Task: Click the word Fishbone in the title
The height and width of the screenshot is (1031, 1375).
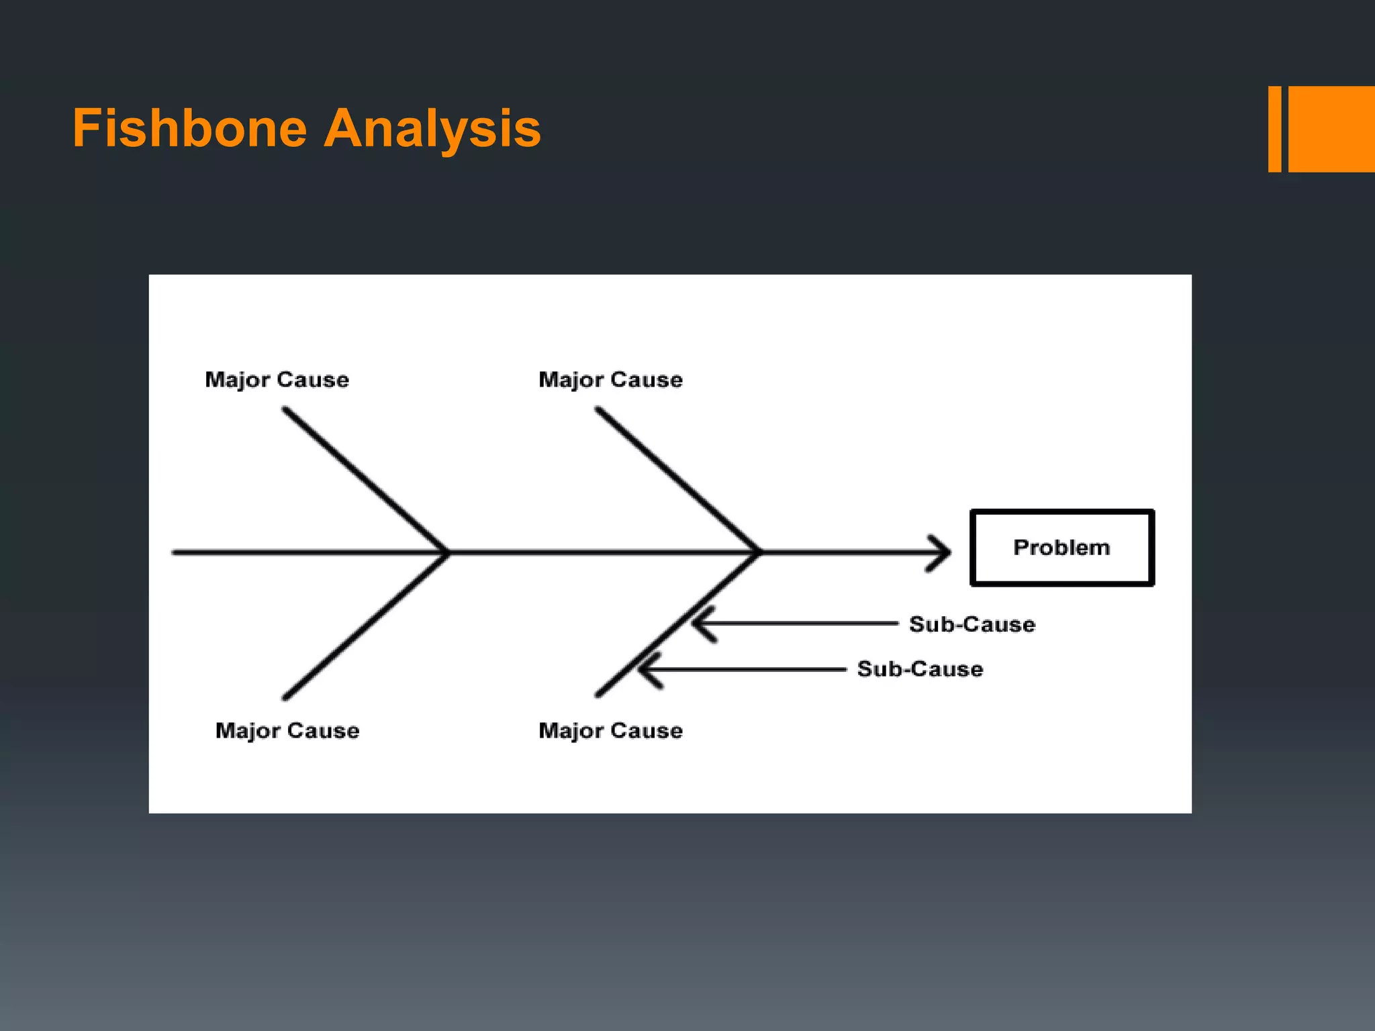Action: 190,128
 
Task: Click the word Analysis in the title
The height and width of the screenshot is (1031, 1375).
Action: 432,128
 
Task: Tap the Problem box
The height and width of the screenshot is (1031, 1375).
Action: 1061,548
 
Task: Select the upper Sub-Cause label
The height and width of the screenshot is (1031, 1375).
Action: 971,624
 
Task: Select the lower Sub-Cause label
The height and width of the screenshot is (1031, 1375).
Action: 920,669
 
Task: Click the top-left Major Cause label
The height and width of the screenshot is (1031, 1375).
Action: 277,380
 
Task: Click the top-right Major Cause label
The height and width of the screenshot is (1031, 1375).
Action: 610,380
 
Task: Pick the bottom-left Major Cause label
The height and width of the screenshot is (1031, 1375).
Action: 287,730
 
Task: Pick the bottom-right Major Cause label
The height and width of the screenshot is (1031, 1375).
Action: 610,730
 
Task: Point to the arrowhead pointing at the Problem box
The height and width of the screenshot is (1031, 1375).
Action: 943,552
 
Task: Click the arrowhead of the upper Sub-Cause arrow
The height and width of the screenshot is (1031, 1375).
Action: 698,624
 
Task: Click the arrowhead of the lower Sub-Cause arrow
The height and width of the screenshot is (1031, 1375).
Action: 645,669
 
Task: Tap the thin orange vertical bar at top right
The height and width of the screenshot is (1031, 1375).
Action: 1274,129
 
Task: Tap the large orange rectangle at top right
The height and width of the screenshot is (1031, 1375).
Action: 1331,129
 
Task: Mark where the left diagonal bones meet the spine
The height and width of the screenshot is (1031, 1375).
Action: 446,552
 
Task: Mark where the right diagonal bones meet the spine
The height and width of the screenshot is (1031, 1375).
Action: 759,552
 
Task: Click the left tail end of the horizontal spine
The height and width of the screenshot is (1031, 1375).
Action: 175,552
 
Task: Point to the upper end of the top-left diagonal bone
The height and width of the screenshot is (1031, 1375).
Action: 285,409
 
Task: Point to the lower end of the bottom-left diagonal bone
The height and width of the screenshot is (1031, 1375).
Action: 285,698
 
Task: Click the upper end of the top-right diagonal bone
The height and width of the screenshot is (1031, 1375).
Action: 598,409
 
